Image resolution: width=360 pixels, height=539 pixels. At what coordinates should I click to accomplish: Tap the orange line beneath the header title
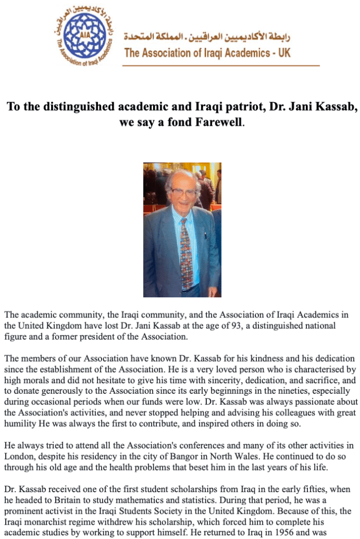tap(221, 66)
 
